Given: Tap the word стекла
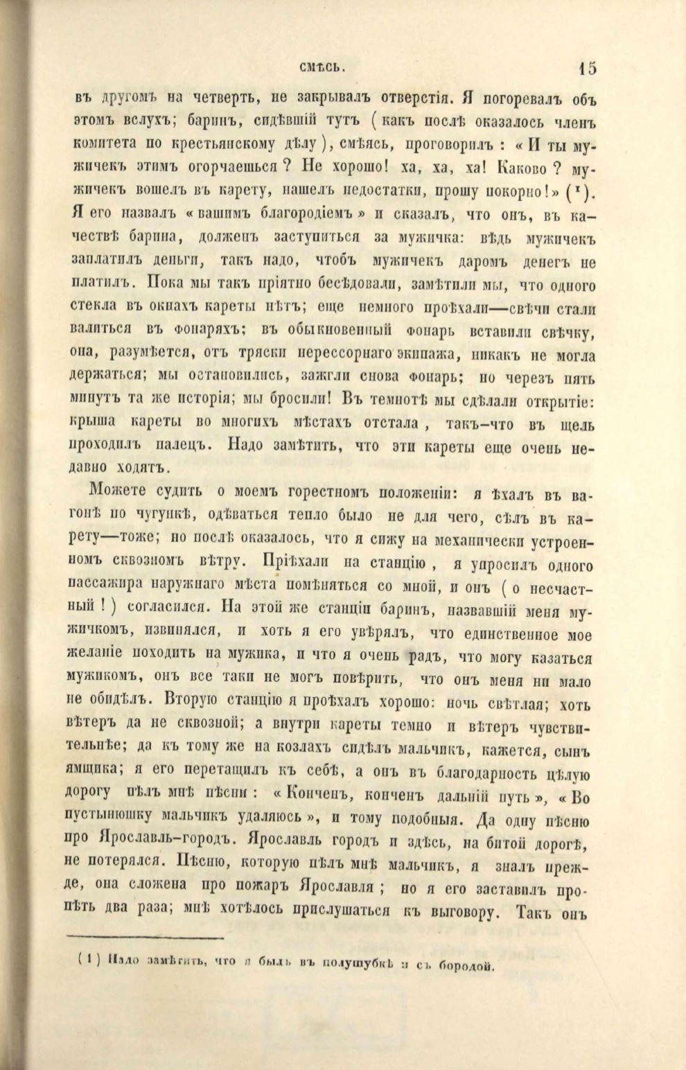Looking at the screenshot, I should click(95, 308).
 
